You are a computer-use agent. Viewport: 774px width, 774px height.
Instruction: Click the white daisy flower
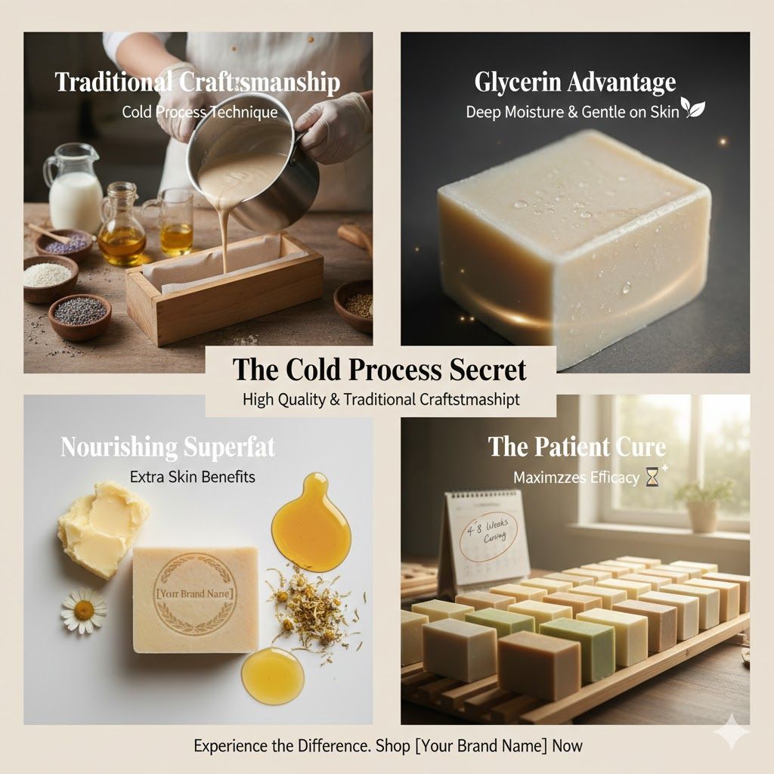click(x=84, y=609)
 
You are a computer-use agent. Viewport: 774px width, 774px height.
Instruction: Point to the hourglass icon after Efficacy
click(x=652, y=477)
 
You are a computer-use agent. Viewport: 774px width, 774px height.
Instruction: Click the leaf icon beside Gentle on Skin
click(x=693, y=109)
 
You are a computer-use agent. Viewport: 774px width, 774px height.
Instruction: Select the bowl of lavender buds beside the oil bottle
click(x=63, y=243)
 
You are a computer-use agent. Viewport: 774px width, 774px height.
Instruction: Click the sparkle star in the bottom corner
click(x=731, y=732)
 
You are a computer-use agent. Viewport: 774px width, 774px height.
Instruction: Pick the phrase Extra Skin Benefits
click(x=192, y=477)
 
